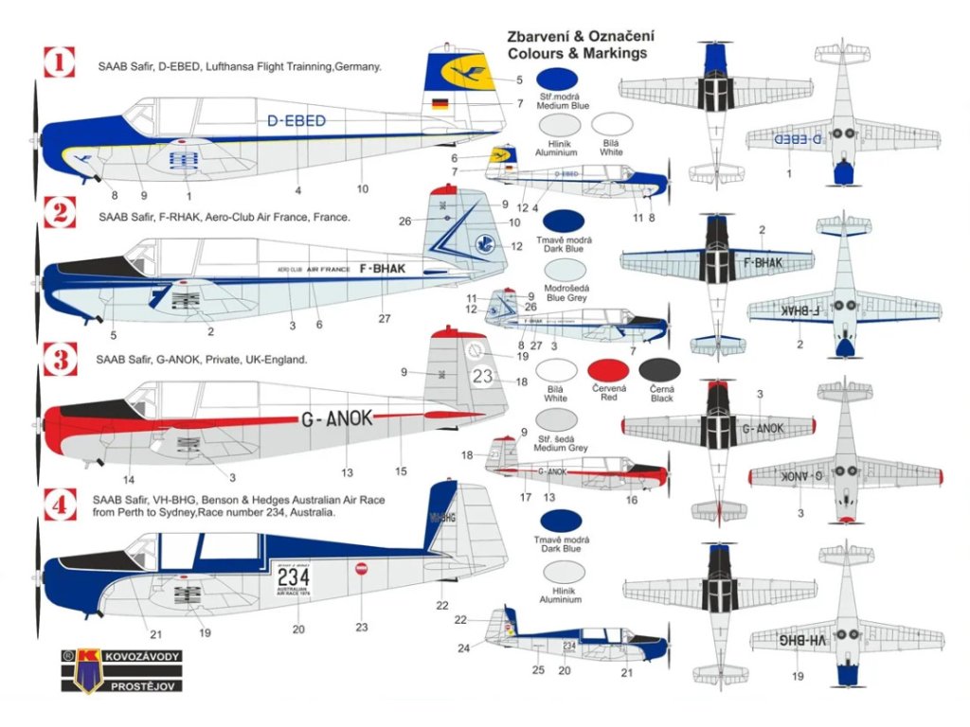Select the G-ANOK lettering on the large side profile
click(x=337, y=418)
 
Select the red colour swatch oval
click(x=609, y=374)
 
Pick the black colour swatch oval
click(x=660, y=374)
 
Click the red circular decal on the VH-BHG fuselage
click(x=361, y=569)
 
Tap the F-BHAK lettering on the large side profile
click(x=383, y=269)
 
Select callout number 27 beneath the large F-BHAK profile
click(x=385, y=319)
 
